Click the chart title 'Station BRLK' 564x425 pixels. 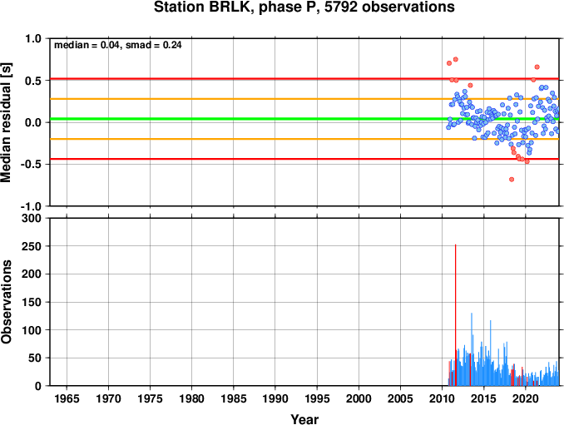(201, 7)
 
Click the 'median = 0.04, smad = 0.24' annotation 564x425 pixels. (117, 45)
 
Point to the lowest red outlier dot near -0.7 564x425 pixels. (512, 180)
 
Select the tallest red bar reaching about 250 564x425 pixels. (455, 315)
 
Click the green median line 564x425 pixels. (304, 119)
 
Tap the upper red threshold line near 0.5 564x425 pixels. (304, 79)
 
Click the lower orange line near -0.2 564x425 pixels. (304, 139)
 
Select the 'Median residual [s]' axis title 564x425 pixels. (6, 123)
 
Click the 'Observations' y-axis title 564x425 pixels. (6, 302)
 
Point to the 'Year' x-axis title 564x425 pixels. (304, 419)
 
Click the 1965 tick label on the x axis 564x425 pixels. (67, 398)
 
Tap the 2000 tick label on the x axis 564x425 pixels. (359, 398)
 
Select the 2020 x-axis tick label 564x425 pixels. (526, 398)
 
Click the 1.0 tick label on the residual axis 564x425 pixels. (33, 38)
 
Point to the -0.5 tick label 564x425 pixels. (31, 165)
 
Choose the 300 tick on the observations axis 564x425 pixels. (32, 218)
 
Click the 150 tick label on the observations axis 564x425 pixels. (32, 302)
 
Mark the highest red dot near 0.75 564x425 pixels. (455, 59)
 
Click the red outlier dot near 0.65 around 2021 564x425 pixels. (537, 67)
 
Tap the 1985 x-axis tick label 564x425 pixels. (234, 398)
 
